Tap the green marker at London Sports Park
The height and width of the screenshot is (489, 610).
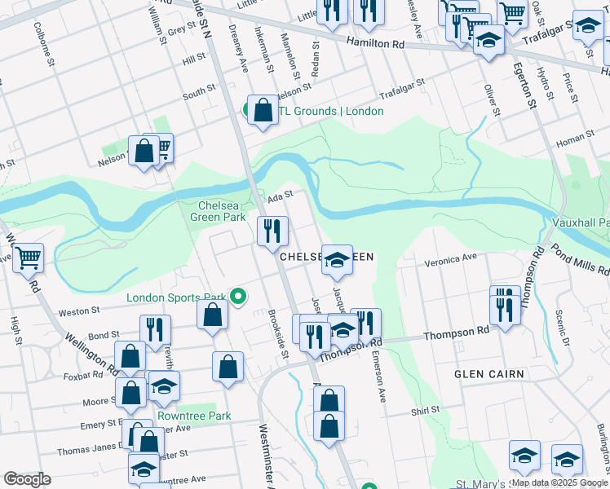[238, 297]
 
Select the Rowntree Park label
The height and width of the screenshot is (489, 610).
[194, 416]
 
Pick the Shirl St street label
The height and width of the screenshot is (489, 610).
[426, 410]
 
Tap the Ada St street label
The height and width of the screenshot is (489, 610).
[280, 196]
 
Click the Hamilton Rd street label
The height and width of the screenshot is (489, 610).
[375, 43]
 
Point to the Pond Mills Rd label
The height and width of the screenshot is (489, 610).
[578, 259]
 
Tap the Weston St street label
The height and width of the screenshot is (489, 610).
[82, 311]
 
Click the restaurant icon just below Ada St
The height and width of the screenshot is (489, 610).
[272, 231]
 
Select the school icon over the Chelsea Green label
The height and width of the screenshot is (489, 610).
[337, 261]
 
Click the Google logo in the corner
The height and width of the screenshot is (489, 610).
[27, 479]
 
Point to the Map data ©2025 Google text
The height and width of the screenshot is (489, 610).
[559, 482]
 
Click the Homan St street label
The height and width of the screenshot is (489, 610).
[577, 139]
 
